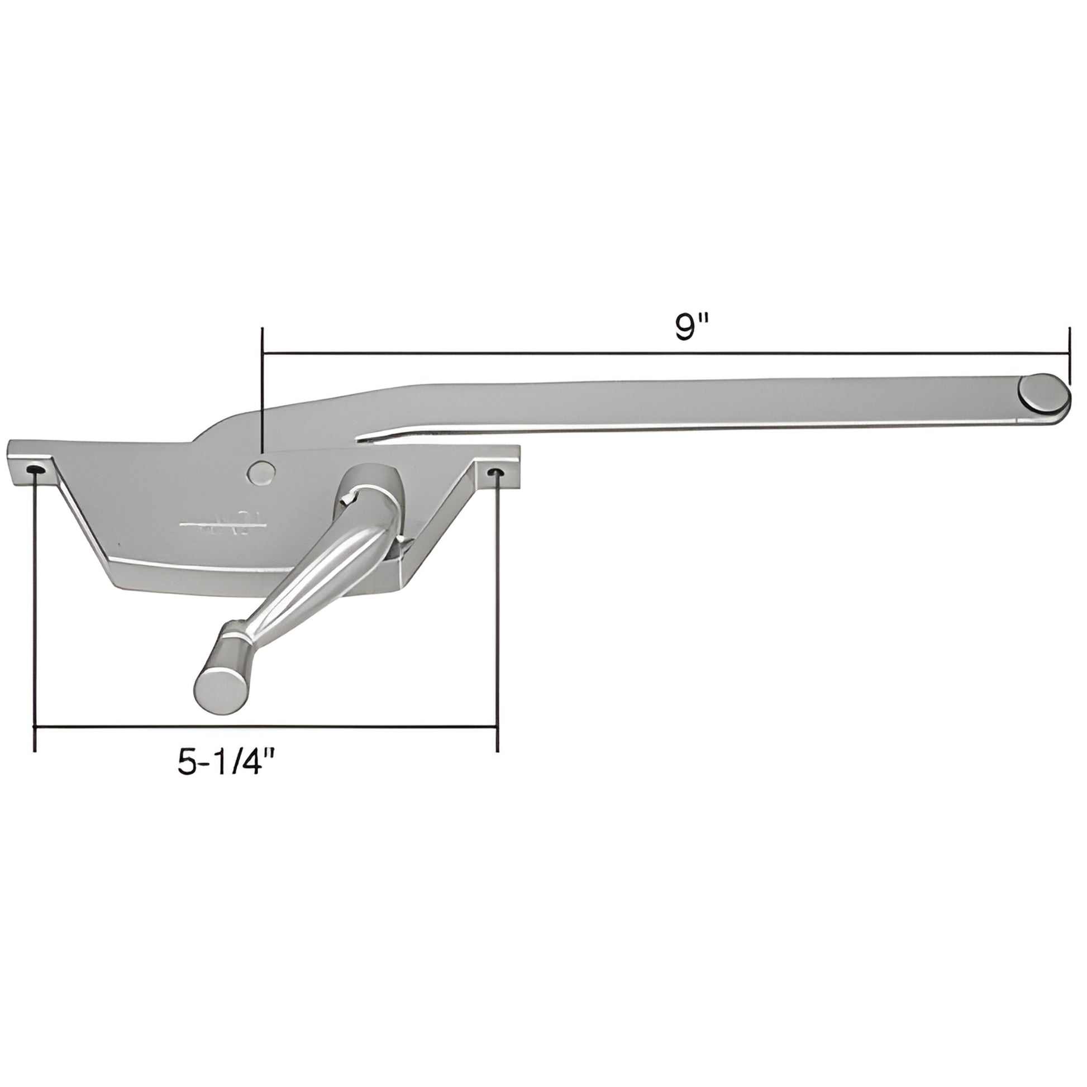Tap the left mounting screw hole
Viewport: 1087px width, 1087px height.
point(35,470)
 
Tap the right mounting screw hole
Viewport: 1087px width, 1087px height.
point(495,471)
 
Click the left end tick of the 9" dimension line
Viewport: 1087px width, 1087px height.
point(263,354)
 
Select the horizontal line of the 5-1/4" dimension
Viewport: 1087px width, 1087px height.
point(264,727)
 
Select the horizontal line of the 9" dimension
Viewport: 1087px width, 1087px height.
point(664,354)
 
